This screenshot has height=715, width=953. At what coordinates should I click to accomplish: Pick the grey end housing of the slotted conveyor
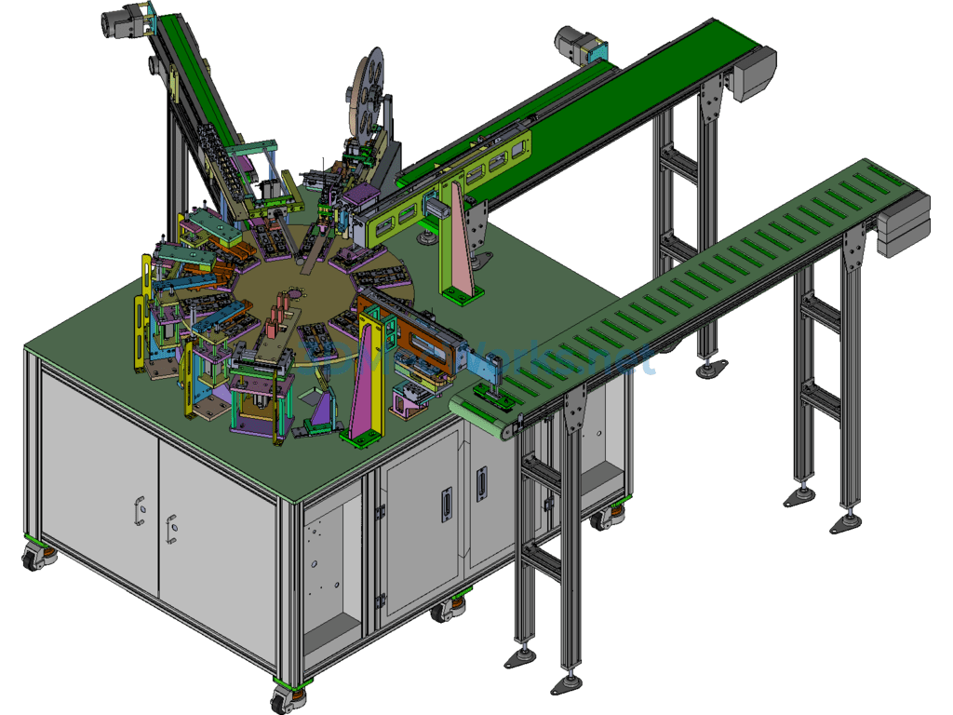[x=903, y=223]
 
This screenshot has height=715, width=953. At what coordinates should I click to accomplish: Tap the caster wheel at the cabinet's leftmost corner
[x=38, y=556]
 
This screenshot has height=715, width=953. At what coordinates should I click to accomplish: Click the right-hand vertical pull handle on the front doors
[x=481, y=485]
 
